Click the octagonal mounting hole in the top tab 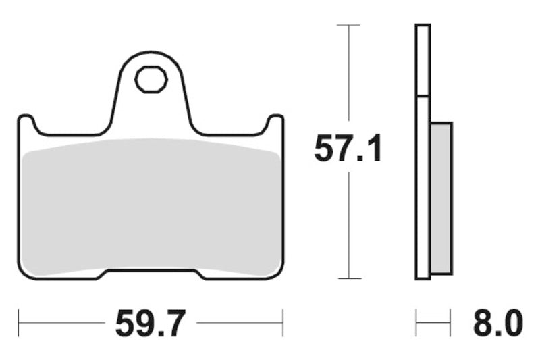(x=151, y=80)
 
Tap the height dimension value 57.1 (x=348, y=149)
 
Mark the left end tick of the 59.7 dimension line (x=19, y=324)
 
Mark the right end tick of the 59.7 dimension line (x=282, y=324)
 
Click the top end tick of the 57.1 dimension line (x=348, y=25)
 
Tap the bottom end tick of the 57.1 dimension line (x=348, y=278)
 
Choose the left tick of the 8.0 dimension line (x=416, y=324)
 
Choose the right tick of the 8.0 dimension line (x=450, y=324)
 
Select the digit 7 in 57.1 (x=340, y=149)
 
